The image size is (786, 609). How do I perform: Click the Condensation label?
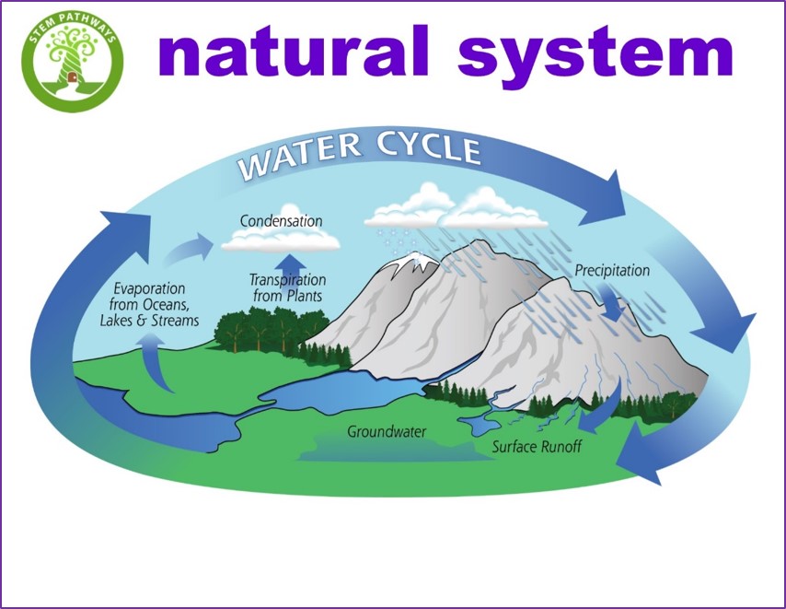click(281, 221)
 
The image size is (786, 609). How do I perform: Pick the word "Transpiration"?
click(288, 278)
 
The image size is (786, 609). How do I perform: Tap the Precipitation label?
click(612, 271)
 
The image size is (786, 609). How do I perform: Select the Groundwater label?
click(387, 431)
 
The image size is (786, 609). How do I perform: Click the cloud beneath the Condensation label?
click(281, 241)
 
